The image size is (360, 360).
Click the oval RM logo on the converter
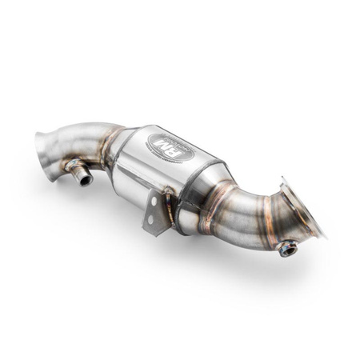tap(163, 146)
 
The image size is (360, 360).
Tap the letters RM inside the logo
tap(163, 146)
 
